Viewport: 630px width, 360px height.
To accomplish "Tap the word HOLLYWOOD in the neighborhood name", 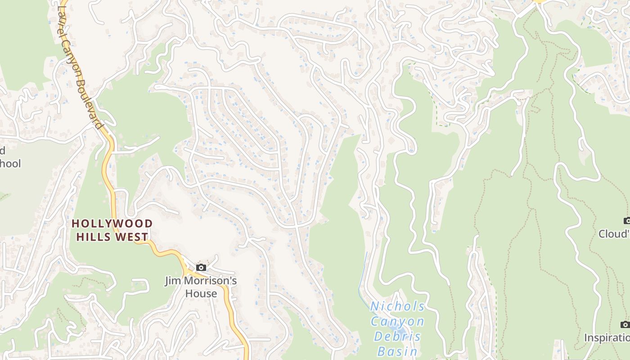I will point(112,224).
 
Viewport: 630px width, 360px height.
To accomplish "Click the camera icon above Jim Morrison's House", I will point(201,267).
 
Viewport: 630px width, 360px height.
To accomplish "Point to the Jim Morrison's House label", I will point(201,287).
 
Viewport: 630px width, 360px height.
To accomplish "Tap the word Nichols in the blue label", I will point(397,307).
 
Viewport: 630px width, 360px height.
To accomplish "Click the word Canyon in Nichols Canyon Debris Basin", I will point(397,322).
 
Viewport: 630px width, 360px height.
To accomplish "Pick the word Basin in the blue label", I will point(397,351).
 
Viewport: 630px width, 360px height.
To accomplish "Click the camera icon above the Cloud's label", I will point(627,220).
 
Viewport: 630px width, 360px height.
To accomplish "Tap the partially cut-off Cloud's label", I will point(614,234).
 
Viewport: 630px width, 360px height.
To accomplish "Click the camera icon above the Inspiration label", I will point(625,324).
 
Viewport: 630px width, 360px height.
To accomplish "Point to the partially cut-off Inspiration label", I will point(607,337).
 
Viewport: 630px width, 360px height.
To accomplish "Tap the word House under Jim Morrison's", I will point(201,294).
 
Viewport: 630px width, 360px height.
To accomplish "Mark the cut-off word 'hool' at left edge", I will point(10,163).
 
